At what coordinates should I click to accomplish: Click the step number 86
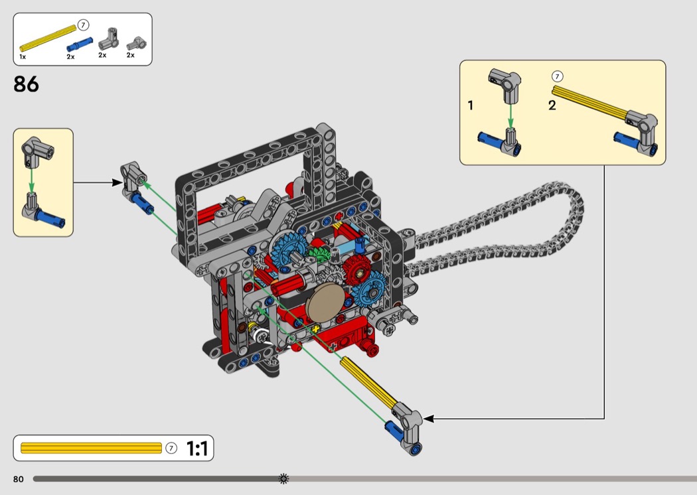click(x=27, y=84)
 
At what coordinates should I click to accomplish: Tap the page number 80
click(x=18, y=479)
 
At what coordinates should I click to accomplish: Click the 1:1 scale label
click(x=197, y=449)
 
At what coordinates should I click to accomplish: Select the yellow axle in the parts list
click(x=48, y=38)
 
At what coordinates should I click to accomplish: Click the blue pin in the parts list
click(x=80, y=44)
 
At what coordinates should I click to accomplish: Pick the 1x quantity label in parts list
click(x=23, y=57)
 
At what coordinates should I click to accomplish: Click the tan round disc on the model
click(x=325, y=303)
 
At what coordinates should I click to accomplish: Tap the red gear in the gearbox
click(x=357, y=269)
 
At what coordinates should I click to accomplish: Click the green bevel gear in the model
click(x=319, y=255)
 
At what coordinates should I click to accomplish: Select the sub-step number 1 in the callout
click(x=470, y=106)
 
